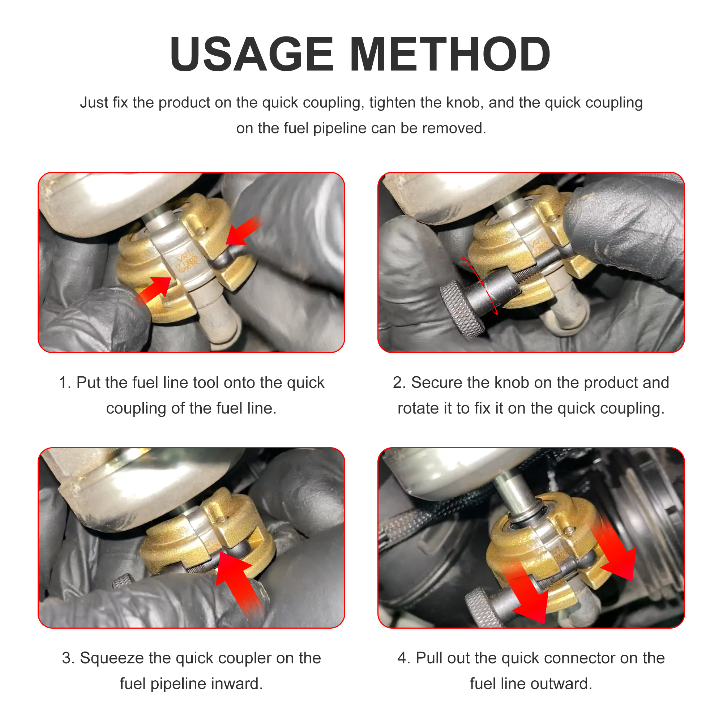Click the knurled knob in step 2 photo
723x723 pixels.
click(463, 309)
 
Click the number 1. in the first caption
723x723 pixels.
click(65, 382)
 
